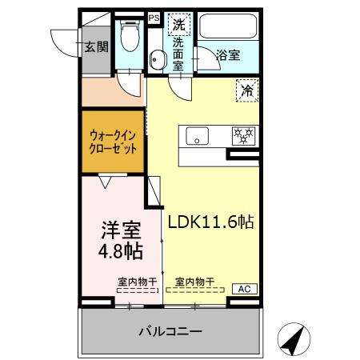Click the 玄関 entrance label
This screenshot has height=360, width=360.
(x=97, y=46)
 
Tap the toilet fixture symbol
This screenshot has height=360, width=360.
(x=129, y=35)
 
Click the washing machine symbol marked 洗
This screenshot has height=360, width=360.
(x=178, y=25)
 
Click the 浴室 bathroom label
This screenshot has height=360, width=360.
(x=229, y=55)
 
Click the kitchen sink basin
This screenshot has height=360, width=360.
(x=198, y=136)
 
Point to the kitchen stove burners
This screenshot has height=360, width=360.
(x=242, y=134)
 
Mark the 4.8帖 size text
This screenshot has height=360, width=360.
(x=121, y=252)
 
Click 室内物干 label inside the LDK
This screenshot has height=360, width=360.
(x=195, y=282)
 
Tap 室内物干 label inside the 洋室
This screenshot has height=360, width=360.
(x=137, y=282)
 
